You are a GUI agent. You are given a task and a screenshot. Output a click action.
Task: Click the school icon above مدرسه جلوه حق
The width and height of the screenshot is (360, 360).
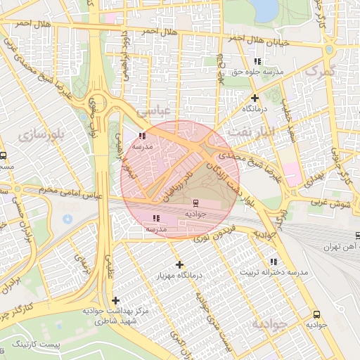(257, 62)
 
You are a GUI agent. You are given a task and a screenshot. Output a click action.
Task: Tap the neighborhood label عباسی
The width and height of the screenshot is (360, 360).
(153, 111)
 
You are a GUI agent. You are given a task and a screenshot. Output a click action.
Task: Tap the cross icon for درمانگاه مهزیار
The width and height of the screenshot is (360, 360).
(180, 265)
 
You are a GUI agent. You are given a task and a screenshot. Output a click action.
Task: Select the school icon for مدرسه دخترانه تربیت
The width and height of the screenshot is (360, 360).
(274, 262)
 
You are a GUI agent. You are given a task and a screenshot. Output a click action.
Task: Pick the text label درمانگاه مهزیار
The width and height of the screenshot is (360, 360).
(180, 276)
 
